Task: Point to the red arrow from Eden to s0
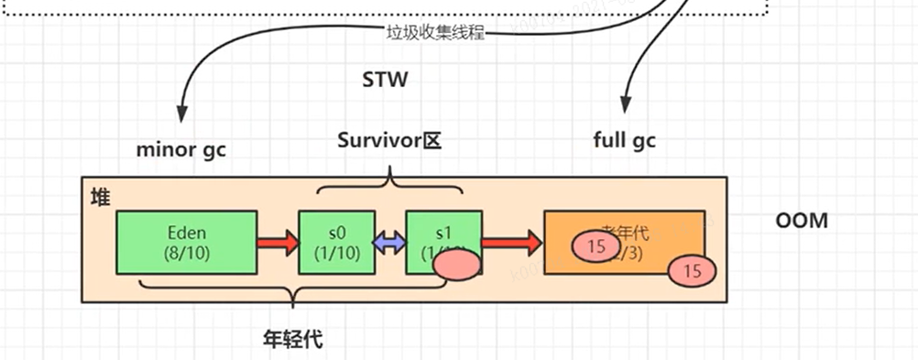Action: pos(277,243)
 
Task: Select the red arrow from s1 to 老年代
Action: pos(510,243)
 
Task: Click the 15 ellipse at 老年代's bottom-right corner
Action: pos(693,271)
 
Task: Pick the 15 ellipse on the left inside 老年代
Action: pos(596,246)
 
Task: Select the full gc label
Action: pos(625,141)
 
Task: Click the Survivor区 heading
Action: pos(389,141)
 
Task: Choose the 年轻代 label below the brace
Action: pos(292,338)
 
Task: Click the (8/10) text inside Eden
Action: pos(186,253)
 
